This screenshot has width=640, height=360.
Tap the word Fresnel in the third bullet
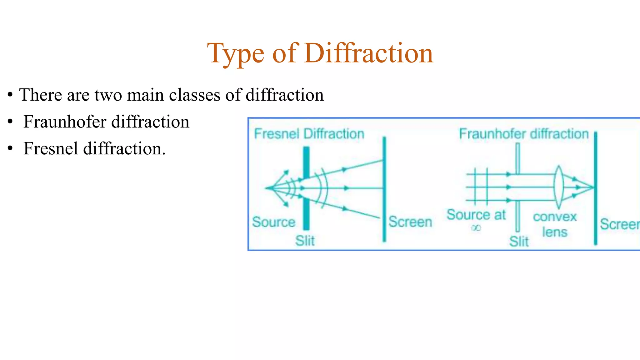50,148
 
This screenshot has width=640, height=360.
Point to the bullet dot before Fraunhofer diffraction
10,122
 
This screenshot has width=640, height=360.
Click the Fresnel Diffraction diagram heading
309,134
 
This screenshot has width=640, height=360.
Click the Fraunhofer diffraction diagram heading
524,134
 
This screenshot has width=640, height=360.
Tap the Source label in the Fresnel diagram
274,222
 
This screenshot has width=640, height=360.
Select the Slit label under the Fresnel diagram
305,241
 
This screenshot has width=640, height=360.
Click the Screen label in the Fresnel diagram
410,222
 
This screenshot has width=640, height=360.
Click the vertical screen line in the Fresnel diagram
384,187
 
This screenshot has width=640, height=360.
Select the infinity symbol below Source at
476,228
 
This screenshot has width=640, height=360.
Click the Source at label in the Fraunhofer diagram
476,215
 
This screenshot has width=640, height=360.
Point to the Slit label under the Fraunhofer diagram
519,241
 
